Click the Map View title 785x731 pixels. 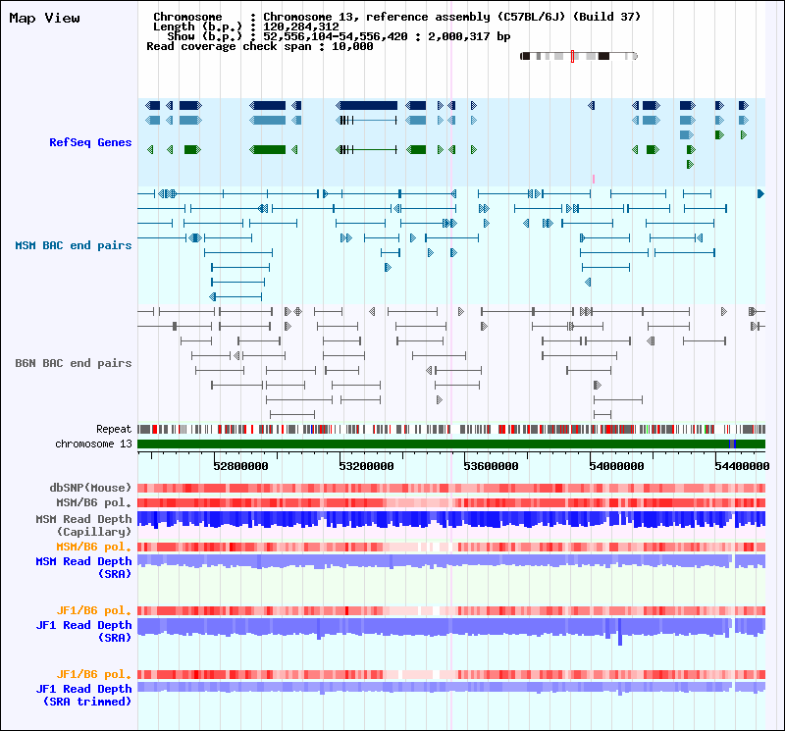pyautogui.click(x=44, y=19)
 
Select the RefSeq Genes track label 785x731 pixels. pyautogui.click(x=90, y=142)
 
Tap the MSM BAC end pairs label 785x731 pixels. pyautogui.click(x=73, y=245)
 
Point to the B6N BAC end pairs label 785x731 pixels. pyautogui.click(x=73, y=363)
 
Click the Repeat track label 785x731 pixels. pyautogui.click(x=114, y=429)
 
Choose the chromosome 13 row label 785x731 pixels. pyautogui.click(x=93, y=444)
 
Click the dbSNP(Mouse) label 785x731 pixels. pyautogui.click(x=90, y=488)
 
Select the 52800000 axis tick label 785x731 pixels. pyautogui.click(x=240, y=466)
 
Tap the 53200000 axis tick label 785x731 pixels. pyautogui.click(x=366, y=466)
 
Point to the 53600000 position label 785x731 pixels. pyautogui.click(x=492, y=466)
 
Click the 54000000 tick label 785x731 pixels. pyautogui.click(x=617, y=466)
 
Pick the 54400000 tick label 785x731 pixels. pyautogui.click(x=743, y=466)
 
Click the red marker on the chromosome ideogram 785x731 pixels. pyautogui.click(x=572, y=56)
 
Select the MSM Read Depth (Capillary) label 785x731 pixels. pyautogui.click(x=83, y=525)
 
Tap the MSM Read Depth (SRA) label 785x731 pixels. pyautogui.click(x=83, y=568)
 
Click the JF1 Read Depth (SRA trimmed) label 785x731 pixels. pyautogui.click(x=83, y=696)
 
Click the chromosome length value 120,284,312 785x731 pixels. pyautogui.click(x=301, y=26)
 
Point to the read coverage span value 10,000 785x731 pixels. pyautogui.click(x=352, y=46)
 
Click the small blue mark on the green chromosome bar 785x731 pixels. pyautogui.click(x=732, y=444)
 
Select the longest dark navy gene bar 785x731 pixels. pyautogui.click(x=366, y=106)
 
